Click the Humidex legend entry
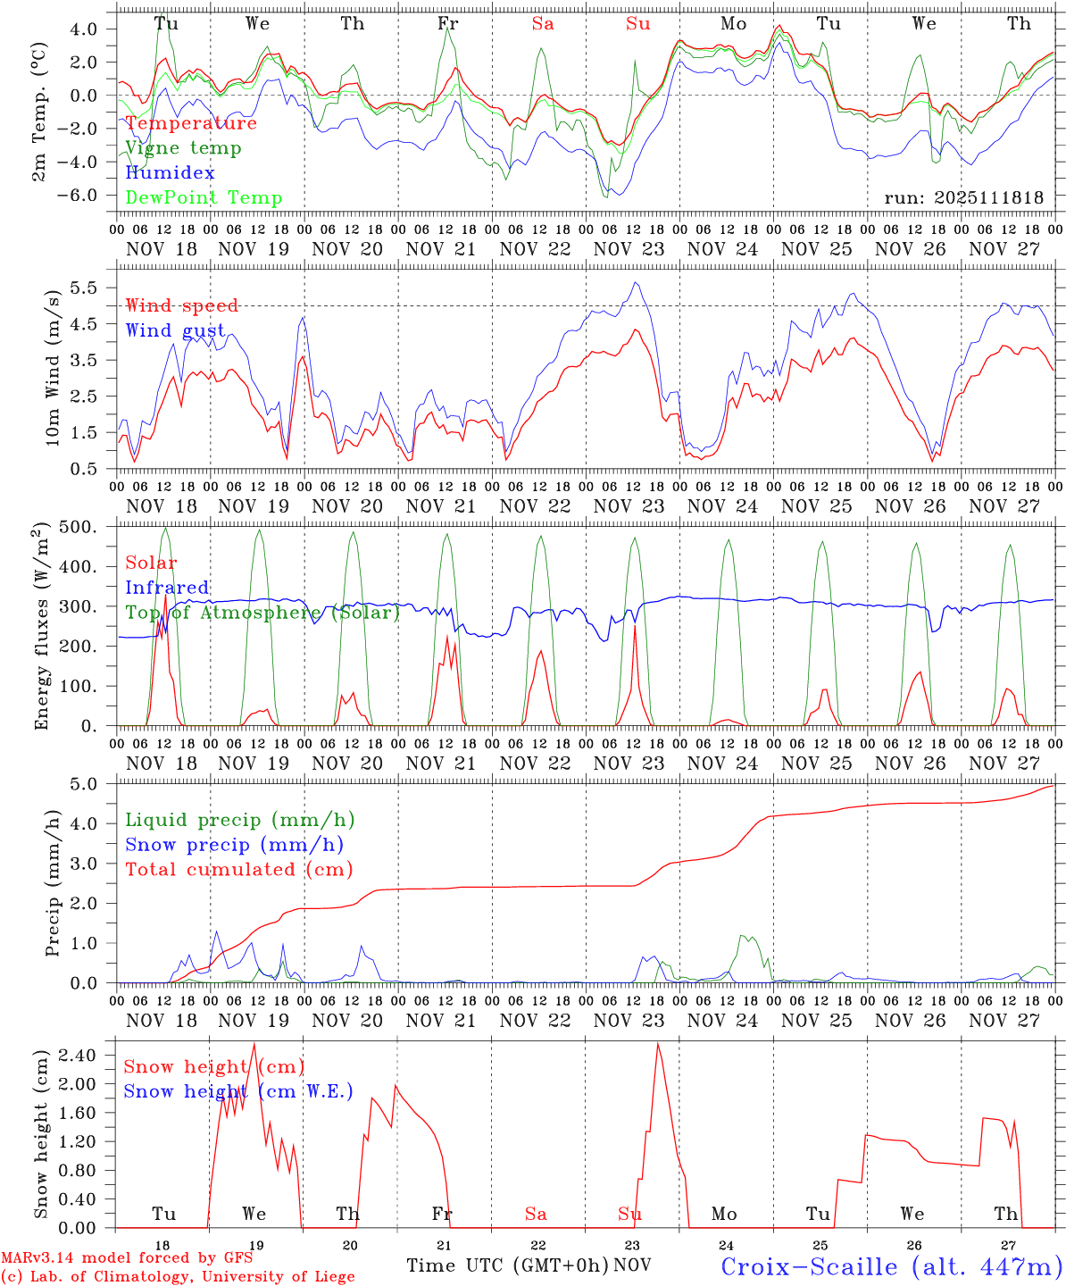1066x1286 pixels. tap(170, 173)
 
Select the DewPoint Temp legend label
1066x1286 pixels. tap(204, 198)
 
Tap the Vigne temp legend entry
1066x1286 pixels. tap(183, 148)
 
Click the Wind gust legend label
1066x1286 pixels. tap(175, 330)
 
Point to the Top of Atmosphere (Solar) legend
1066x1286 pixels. tap(262, 613)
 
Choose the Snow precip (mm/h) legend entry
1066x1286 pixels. tap(234, 845)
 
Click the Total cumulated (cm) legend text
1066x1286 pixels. tap(238, 869)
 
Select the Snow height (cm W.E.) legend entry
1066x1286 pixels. tap(237, 1091)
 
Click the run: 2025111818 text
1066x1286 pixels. tap(963, 198)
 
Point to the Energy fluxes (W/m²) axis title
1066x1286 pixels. tap(41, 626)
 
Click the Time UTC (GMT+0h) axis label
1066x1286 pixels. tap(507, 1265)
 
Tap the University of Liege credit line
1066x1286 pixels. tap(178, 1277)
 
